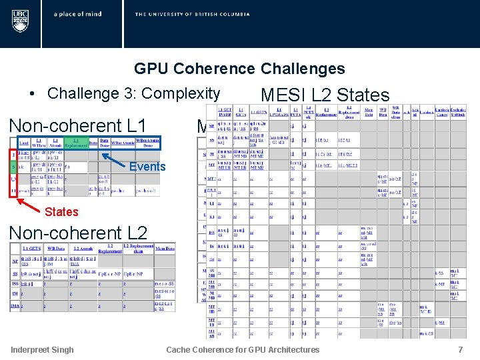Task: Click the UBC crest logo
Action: [x=20, y=21]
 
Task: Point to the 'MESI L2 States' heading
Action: [x=325, y=95]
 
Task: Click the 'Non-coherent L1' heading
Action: [x=77, y=125]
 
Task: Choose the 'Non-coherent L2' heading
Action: [x=77, y=233]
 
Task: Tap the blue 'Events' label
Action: [x=147, y=167]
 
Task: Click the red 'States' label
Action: [x=61, y=212]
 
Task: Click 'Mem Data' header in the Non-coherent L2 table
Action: [x=164, y=248]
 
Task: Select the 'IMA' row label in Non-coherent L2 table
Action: [x=14, y=306]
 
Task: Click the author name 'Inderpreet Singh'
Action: [x=43, y=349]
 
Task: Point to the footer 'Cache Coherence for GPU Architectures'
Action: [x=243, y=349]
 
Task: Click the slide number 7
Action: [x=460, y=349]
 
